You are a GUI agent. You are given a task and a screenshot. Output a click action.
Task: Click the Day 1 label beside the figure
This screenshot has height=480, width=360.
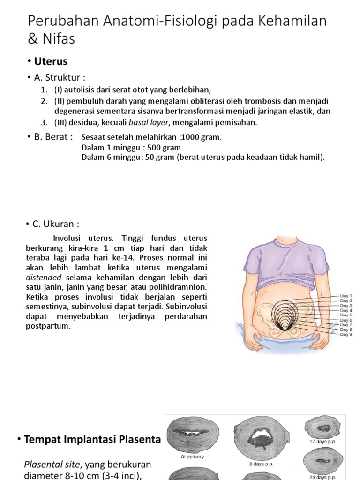346,296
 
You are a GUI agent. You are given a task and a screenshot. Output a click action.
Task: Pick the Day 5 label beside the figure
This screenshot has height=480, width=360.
346,315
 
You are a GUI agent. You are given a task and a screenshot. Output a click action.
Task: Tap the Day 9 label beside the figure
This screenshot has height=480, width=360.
346,334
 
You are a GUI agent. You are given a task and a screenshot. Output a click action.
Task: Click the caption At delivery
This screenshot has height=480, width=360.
192,457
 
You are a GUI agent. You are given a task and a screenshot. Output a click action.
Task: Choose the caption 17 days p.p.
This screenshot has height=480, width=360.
323,442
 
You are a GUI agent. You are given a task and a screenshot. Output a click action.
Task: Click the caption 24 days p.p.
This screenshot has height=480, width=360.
323,477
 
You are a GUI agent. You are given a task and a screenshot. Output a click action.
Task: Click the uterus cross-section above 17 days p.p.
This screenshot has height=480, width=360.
323,427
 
